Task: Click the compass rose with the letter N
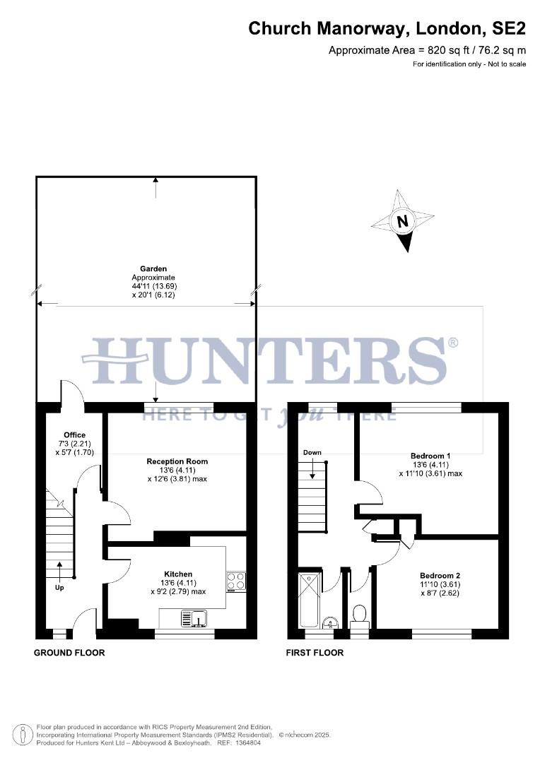point(403,220)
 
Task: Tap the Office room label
point(74,435)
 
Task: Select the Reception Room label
point(177,461)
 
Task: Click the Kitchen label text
point(178,574)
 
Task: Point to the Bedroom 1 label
point(430,456)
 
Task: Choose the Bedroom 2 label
point(439,575)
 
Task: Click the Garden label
point(153,269)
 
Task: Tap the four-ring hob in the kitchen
point(236,581)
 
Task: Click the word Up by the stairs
point(59,587)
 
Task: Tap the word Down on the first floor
point(312,452)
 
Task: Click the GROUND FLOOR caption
point(69,653)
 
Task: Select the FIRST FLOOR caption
point(315,653)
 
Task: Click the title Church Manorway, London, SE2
point(387,28)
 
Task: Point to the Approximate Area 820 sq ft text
point(428,50)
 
